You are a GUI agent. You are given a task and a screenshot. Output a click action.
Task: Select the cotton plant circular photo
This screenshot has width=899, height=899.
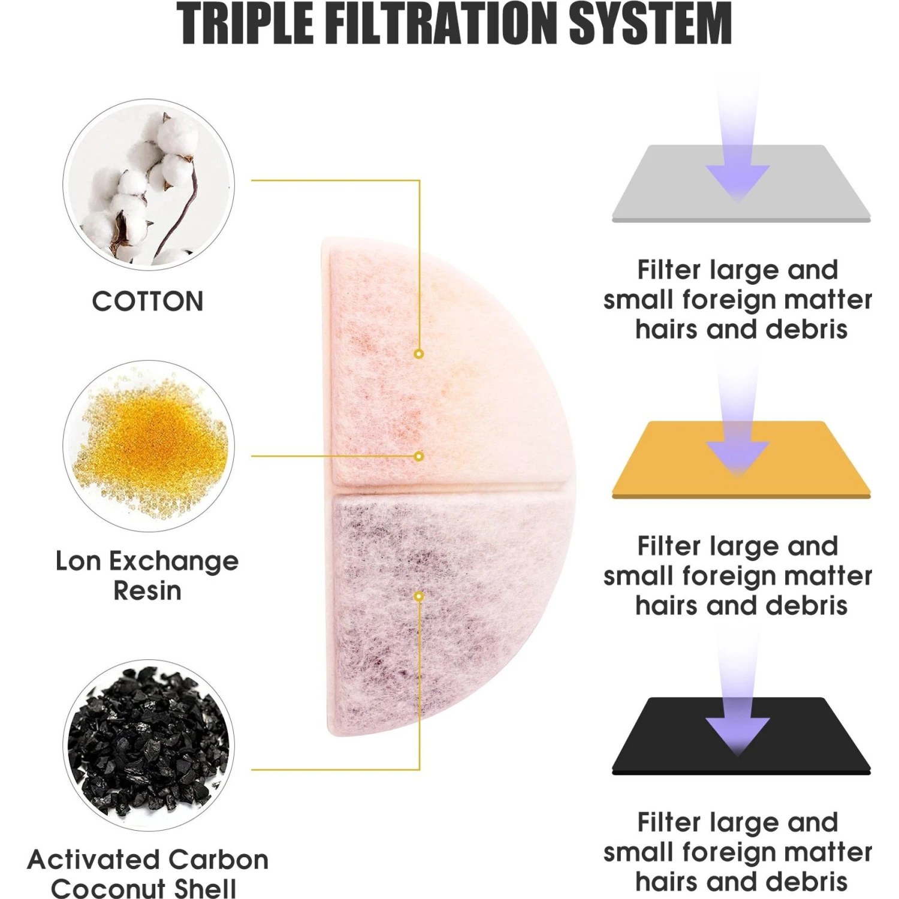(x=149, y=184)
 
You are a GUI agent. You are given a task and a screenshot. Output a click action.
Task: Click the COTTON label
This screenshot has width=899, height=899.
(x=148, y=301)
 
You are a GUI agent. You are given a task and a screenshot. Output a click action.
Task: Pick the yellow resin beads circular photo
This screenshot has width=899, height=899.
(x=149, y=445)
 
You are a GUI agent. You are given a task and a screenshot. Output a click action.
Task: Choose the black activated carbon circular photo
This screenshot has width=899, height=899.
(x=149, y=745)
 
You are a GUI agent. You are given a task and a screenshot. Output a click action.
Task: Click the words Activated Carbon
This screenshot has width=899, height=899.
(x=148, y=859)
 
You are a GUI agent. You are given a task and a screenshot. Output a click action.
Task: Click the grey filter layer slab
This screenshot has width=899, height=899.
(x=741, y=183)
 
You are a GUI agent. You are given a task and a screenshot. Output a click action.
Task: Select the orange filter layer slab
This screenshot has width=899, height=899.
(x=741, y=460)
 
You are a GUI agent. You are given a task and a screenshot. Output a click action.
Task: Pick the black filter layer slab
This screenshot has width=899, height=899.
(x=741, y=736)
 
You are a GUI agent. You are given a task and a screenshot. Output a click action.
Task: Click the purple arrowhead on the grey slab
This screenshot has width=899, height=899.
(x=737, y=181)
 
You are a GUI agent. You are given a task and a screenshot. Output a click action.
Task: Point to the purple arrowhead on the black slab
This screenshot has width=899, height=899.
(x=737, y=734)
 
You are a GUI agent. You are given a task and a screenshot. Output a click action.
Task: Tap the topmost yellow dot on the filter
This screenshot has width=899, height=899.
(x=419, y=354)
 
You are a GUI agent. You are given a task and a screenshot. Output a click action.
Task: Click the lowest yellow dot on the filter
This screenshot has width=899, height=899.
(x=419, y=596)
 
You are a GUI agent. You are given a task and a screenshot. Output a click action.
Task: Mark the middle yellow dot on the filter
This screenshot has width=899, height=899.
(x=419, y=457)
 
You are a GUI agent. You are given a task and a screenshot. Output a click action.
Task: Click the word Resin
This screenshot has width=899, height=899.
(x=147, y=591)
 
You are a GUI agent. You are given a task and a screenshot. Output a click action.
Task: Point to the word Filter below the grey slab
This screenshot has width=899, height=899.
(x=668, y=270)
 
